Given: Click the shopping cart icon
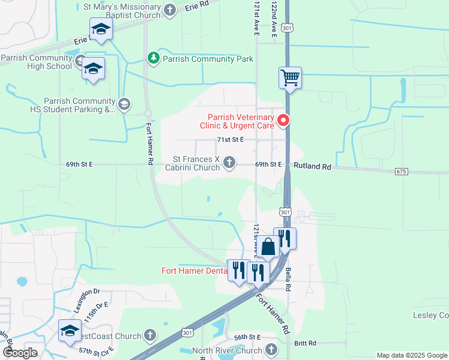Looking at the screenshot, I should [290, 77].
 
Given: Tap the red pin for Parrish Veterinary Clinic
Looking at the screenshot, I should [283, 121].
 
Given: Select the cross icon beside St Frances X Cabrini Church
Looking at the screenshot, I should [229, 162].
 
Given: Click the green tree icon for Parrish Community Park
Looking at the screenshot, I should [154, 58].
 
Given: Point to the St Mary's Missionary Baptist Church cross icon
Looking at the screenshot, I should [170, 10].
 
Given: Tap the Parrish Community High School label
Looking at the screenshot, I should [36, 62].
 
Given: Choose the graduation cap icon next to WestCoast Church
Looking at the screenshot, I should [70, 331].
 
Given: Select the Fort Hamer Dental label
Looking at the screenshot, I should [194, 271].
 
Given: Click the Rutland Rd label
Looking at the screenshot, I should [312, 166].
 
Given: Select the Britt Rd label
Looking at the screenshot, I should [305, 343].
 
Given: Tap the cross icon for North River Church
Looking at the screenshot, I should [271, 349].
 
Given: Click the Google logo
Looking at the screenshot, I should [20, 352].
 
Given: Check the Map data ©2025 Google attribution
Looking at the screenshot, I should [411, 355].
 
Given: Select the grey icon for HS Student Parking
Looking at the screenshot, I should [124, 104].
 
